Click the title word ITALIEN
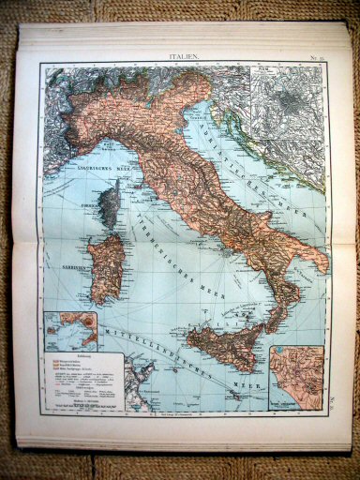[184, 57]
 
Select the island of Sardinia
[105, 266]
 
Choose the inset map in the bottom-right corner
[296, 377]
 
